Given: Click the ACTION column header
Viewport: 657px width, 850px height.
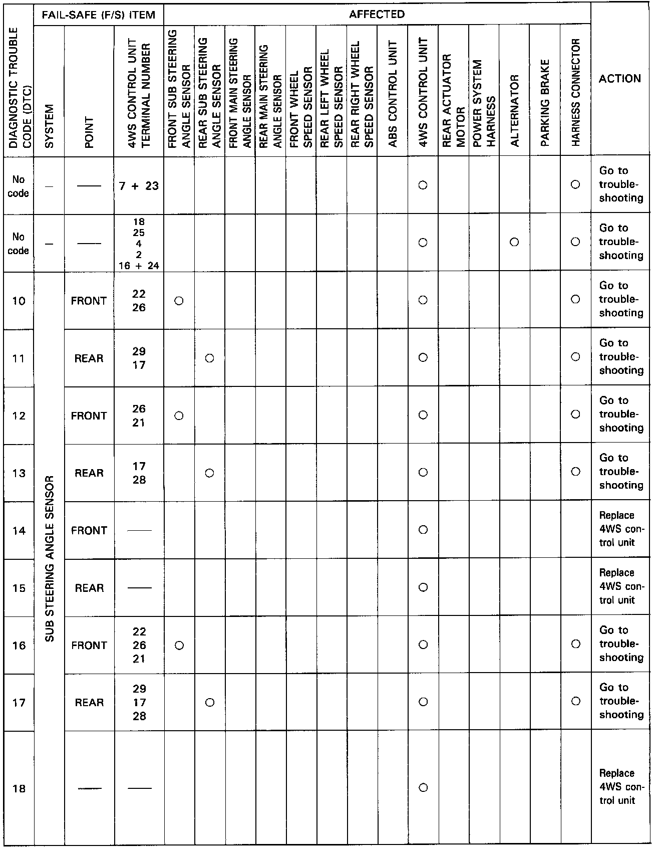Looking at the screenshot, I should point(620,79).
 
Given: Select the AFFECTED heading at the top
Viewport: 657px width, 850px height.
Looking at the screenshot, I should point(377,15).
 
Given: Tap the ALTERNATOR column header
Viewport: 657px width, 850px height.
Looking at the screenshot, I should point(514,110).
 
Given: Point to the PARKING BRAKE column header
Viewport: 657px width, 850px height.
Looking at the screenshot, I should point(545,103).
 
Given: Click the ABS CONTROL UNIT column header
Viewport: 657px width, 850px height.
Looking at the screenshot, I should point(393,94).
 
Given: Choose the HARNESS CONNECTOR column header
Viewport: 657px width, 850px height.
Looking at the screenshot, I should point(575,93).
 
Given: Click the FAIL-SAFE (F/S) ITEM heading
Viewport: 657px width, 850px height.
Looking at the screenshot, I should point(99,15).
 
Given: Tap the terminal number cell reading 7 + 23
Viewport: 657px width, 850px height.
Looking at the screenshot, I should point(139,186).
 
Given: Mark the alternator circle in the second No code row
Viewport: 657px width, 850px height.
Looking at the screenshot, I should point(514,243).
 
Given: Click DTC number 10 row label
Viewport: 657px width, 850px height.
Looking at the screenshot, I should point(19,301).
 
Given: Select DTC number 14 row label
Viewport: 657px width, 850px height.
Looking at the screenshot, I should point(19,530).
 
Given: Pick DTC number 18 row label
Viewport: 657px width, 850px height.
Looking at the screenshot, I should point(19,788).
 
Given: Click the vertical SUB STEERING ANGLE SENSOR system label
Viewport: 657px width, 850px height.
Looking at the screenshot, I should point(50,558).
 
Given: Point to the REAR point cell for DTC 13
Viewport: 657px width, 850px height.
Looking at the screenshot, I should point(89,473).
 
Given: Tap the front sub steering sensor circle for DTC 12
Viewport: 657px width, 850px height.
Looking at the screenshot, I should point(179,415).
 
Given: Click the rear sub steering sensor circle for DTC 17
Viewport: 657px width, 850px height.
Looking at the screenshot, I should point(210,703).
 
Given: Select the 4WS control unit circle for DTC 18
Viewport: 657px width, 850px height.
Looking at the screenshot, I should point(423,788).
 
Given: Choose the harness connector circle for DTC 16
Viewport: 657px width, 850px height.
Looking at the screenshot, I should point(576,645).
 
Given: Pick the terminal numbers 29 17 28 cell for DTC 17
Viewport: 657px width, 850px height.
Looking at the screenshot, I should point(139,702).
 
